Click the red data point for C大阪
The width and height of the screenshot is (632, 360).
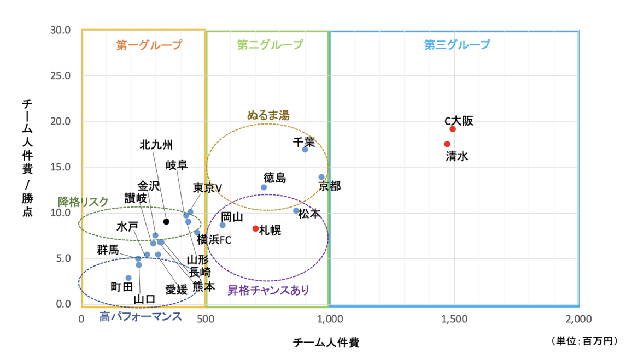click(453, 129)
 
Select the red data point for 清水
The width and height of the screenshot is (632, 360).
click(447, 144)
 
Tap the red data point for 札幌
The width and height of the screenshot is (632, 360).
click(255, 228)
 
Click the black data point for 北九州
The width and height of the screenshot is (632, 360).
click(166, 222)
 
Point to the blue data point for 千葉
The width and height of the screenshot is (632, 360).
click(305, 149)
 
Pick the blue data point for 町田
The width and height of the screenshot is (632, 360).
click(128, 278)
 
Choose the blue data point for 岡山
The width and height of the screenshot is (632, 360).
click(223, 225)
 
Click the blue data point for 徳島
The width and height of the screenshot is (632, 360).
click(264, 187)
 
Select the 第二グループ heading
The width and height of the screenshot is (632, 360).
click(270, 45)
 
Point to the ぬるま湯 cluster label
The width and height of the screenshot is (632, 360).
click(268, 115)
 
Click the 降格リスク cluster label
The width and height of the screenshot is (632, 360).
click(83, 202)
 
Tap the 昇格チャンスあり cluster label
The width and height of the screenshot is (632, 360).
click(268, 290)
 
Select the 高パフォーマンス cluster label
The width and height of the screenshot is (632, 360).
click(141, 316)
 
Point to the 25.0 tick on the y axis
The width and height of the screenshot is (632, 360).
click(61, 75)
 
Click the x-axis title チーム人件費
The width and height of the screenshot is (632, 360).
click(326, 343)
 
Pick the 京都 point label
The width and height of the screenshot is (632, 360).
click(330, 186)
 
